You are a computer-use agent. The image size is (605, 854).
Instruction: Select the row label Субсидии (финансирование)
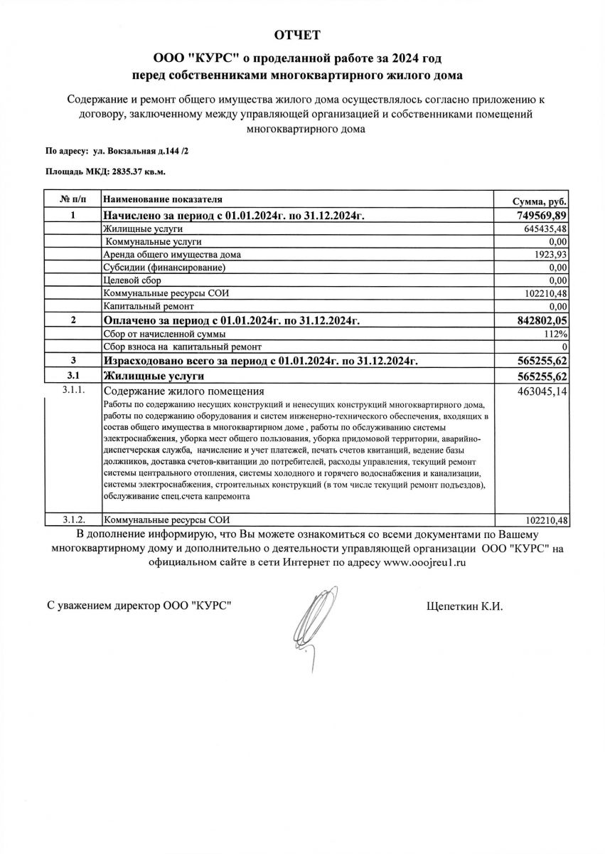click(x=164, y=268)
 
